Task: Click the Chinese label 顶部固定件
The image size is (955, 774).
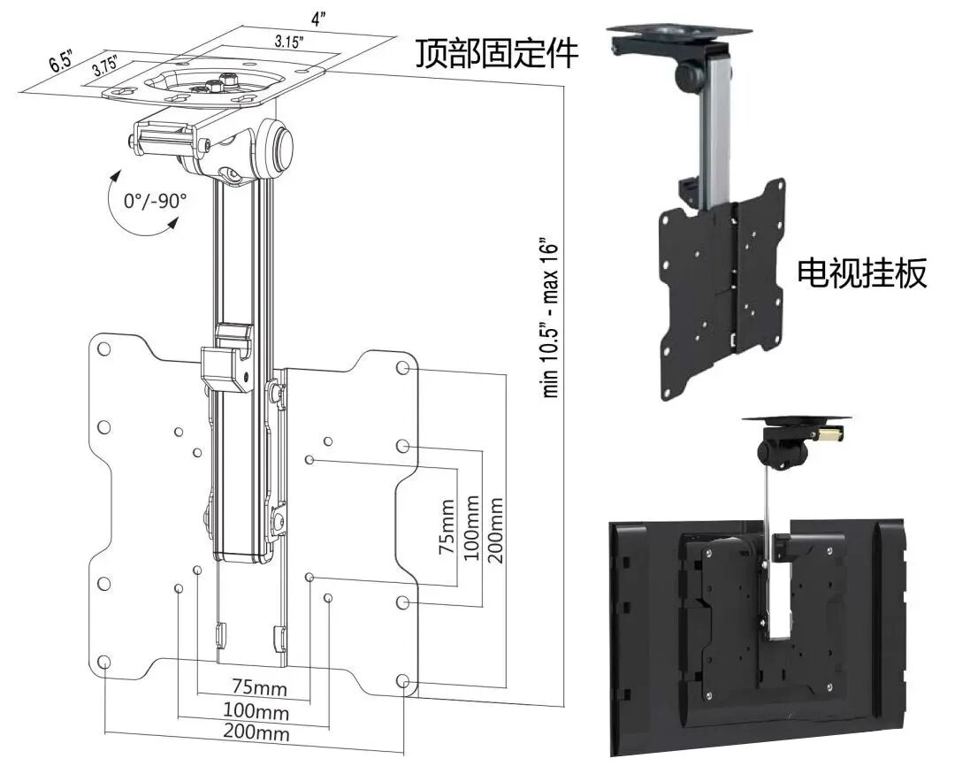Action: point(497,55)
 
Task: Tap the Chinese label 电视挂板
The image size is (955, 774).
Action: point(862,273)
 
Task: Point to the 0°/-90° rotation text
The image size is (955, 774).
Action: point(156,201)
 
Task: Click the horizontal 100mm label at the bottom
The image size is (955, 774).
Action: point(256,711)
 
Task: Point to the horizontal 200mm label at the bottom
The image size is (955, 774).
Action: point(256,733)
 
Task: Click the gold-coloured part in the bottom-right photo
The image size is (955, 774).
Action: point(829,435)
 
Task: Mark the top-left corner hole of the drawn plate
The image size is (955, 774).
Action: point(104,349)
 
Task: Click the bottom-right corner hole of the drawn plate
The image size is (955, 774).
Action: point(403,682)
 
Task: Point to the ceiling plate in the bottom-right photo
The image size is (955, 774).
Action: point(797,418)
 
